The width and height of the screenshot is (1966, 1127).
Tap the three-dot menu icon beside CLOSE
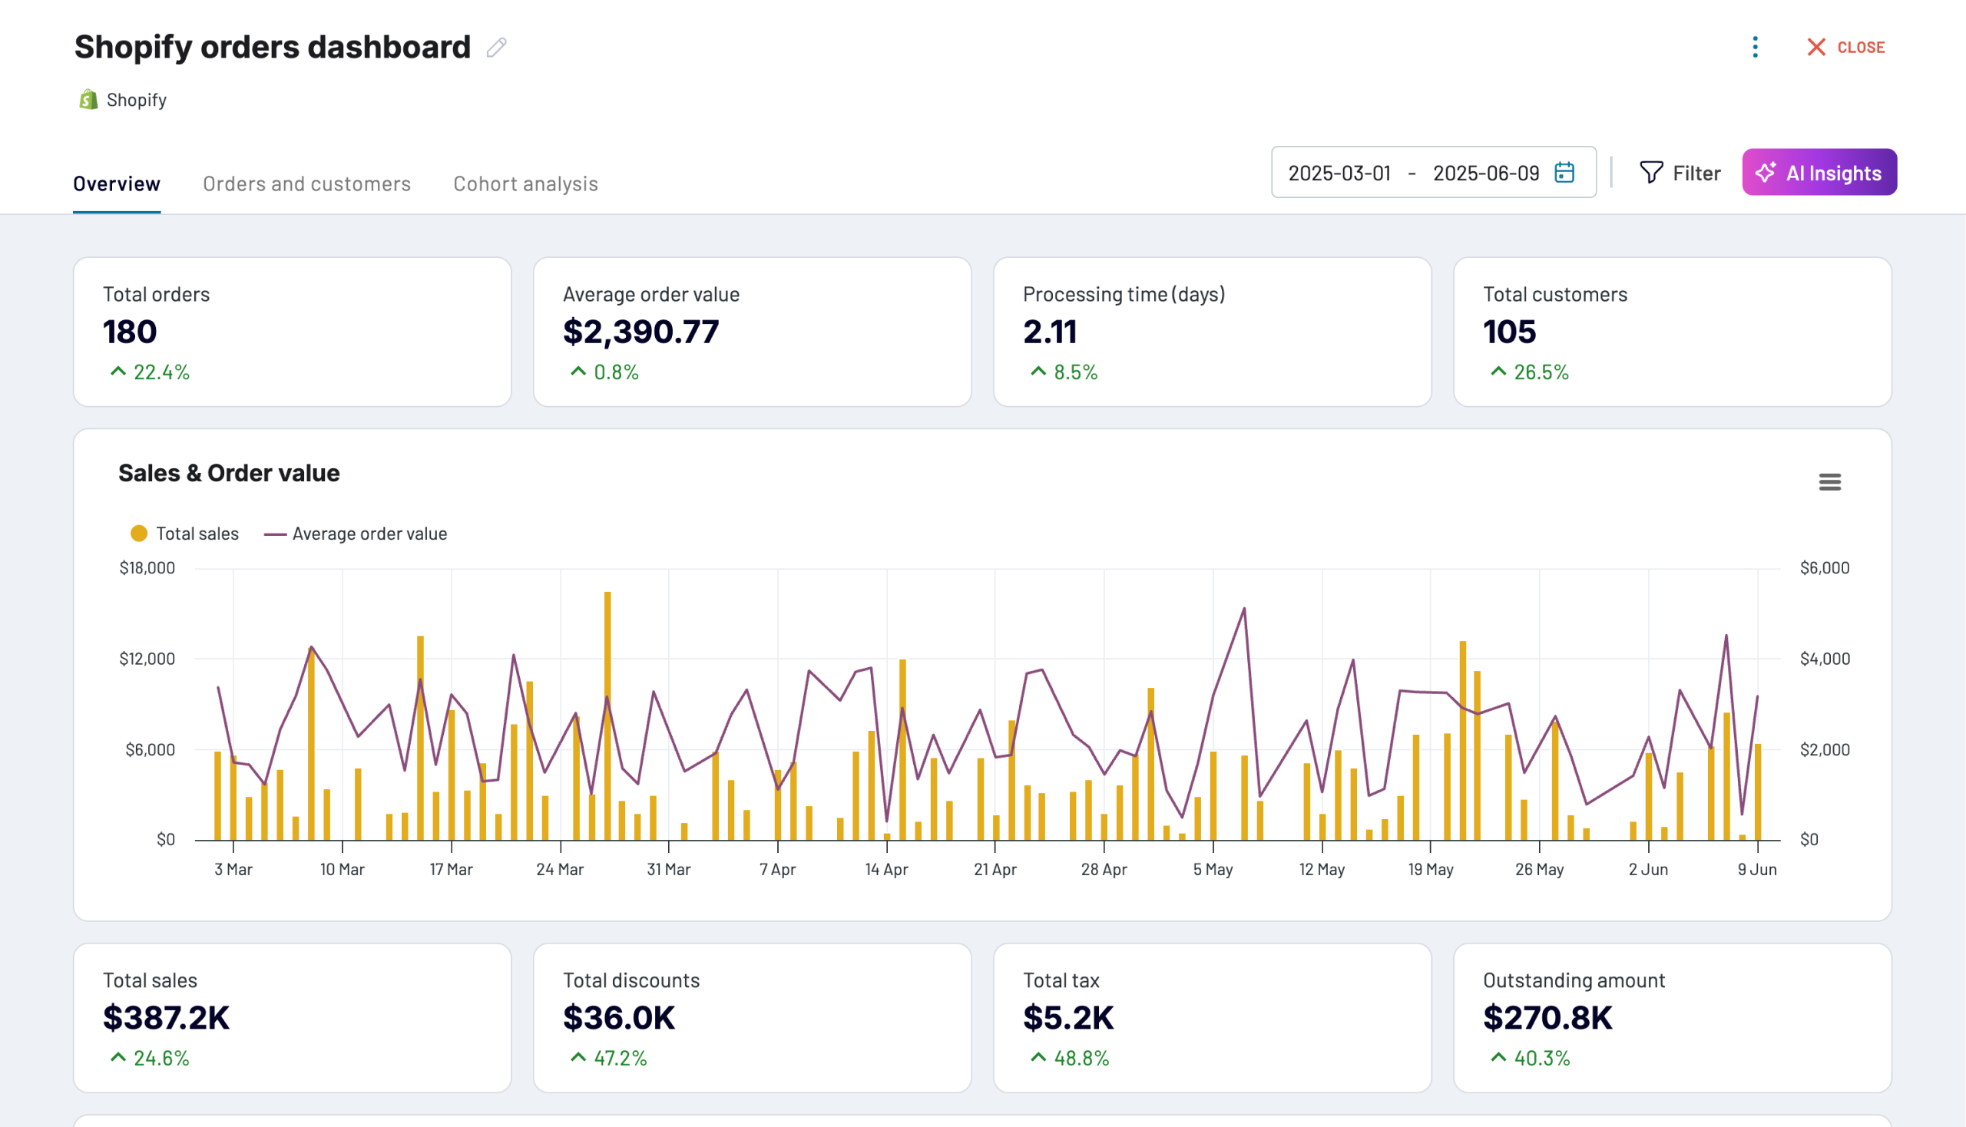[1755, 48]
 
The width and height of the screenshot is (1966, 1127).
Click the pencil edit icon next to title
[496, 48]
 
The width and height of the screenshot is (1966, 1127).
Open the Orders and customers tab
[306, 183]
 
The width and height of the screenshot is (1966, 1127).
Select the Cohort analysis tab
[525, 183]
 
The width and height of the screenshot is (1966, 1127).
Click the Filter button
[1680, 173]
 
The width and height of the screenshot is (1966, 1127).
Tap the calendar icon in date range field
[1564, 173]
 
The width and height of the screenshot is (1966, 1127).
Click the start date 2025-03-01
[1339, 173]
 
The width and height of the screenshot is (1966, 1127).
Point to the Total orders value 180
[130, 332]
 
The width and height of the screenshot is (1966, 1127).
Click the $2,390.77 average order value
[640, 332]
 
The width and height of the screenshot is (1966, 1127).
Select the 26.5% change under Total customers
[1540, 372]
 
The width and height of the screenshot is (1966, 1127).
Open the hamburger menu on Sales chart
[1829, 482]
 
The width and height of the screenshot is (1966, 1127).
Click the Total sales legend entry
[186, 534]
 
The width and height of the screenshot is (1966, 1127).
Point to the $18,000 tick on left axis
[147, 568]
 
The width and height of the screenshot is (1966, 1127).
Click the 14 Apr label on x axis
[885, 869]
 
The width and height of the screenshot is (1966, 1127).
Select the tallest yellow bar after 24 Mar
[607, 716]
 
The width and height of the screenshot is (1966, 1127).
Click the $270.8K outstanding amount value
[1547, 1018]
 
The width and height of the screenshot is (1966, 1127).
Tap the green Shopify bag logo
[88, 99]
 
